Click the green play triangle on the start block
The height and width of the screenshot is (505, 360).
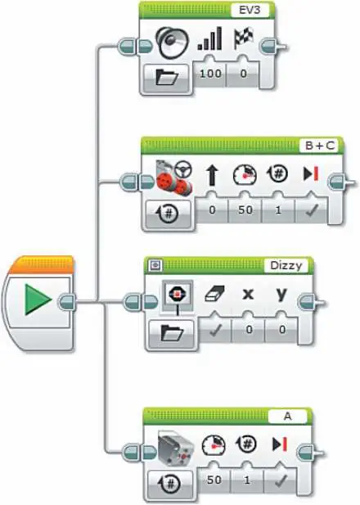pos(38,300)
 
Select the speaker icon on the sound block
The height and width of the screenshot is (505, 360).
pos(172,43)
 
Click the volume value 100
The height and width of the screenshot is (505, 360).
pos(210,74)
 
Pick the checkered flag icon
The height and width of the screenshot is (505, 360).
pos(244,38)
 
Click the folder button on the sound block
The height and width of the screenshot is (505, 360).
pos(166,77)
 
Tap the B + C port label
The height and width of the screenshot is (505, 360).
pos(320,146)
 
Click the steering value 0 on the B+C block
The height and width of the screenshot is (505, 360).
pos(212,210)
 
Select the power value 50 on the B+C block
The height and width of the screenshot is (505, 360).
pos(245,210)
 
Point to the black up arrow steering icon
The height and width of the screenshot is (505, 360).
pos(211,175)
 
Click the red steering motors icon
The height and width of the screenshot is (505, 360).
pos(174,178)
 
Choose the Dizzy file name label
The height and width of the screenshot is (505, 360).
pos(286,266)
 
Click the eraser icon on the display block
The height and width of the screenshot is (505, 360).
pos(215,294)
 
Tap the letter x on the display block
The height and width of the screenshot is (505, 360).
pos(248,294)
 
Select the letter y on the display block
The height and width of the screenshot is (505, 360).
pos(281,293)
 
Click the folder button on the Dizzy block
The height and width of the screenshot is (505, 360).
pos(172,332)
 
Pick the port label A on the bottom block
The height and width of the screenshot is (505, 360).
pos(287,416)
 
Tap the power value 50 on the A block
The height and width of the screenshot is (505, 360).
pos(214,480)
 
